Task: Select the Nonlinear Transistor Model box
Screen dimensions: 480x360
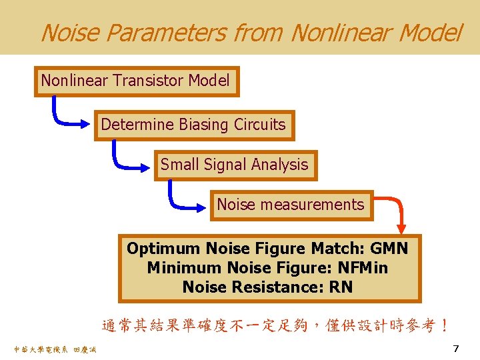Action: coord(137,81)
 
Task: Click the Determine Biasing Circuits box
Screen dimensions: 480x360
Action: coord(193,125)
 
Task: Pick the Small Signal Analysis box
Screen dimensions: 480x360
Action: coord(235,165)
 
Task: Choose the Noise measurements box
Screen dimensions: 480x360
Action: coord(291,205)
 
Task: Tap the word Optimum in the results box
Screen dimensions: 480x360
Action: coord(163,249)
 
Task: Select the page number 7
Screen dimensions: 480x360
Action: coord(456,349)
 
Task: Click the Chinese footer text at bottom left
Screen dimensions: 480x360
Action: coord(54,349)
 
